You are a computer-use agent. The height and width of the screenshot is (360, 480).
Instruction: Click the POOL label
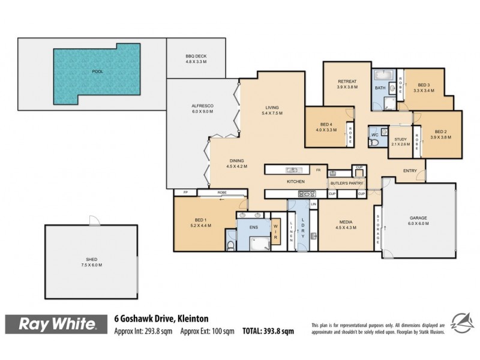coord(97,71)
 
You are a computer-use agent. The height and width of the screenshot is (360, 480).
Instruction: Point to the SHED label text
coord(92,262)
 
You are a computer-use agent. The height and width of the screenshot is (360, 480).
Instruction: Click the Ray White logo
coord(58,325)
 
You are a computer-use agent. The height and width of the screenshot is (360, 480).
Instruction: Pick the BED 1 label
coord(200,221)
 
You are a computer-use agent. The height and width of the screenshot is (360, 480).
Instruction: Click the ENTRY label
coord(410,171)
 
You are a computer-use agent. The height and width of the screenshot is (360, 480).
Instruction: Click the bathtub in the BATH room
coord(381,76)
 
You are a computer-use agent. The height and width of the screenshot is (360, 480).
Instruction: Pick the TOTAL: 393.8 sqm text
coord(268,331)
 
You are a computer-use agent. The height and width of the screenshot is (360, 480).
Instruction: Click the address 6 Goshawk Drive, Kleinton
coord(161,319)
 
